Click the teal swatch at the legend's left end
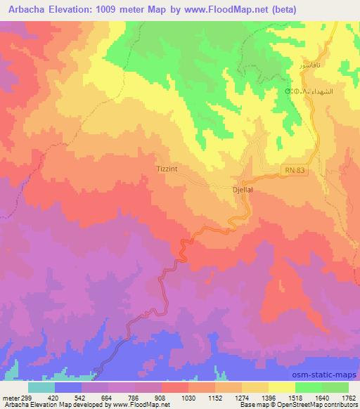[x=42, y=387]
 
